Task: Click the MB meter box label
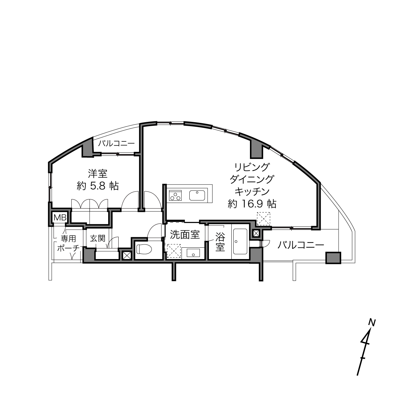pyautogui.click(x=60, y=217)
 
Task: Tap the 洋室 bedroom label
pyautogui.click(x=98, y=174)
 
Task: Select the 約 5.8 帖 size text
pyautogui.click(x=98, y=186)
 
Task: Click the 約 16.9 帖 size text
pyautogui.click(x=252, y=204)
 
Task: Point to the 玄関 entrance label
pyautogui.click(x=98, y=239)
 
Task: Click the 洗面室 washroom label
pyautogui.click(x=185, y=235)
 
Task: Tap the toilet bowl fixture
pyautogui.click(x=144, y=249)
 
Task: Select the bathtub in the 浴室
pyautogui.click(x=240, y=241)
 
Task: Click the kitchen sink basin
pyautogui.click(x=197, y=195)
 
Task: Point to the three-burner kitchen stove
pyautogui.click(x=175, y=195)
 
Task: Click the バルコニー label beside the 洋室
pyautogui.click(x=116, y=144)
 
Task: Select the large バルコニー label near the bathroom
pyautogui.click(x=301, y=245)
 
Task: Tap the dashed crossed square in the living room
pyautogui.click(x=263, y=219)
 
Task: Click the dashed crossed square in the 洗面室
pyautogui.click(x=174, y=251)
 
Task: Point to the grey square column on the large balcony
pyautogui.click(x=333, y=258)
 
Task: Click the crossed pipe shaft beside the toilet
pyautogui.click(x=127, y=256)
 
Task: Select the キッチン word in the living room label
pyautogui.click(x=252, y=192)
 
